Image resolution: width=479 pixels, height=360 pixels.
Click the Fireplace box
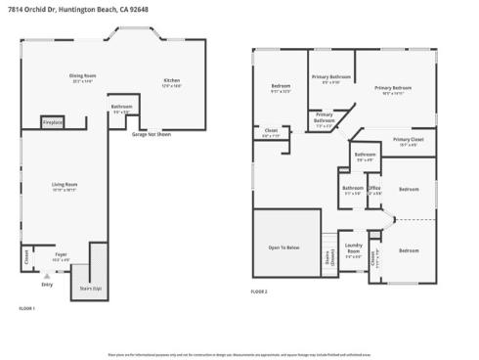53,122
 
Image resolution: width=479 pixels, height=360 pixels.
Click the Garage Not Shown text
152,134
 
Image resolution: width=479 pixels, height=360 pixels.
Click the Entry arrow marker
47,278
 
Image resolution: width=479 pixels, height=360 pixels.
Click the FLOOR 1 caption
27,309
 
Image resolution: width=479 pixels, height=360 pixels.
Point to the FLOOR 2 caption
259,292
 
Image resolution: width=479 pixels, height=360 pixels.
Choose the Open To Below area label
283,247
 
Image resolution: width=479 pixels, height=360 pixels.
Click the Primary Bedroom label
393,89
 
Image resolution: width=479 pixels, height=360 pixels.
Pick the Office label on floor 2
373,189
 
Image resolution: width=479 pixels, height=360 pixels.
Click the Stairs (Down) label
329,258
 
